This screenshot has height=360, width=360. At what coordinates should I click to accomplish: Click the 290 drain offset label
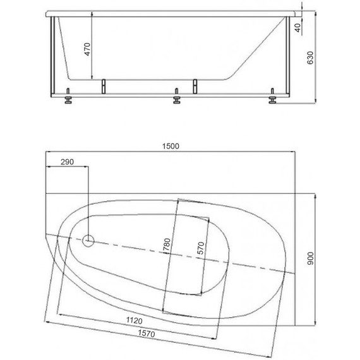coord(67,162)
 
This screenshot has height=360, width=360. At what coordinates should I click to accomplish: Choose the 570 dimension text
coord(201,248)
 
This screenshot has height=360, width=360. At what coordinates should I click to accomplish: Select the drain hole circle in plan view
coord(88,240)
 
